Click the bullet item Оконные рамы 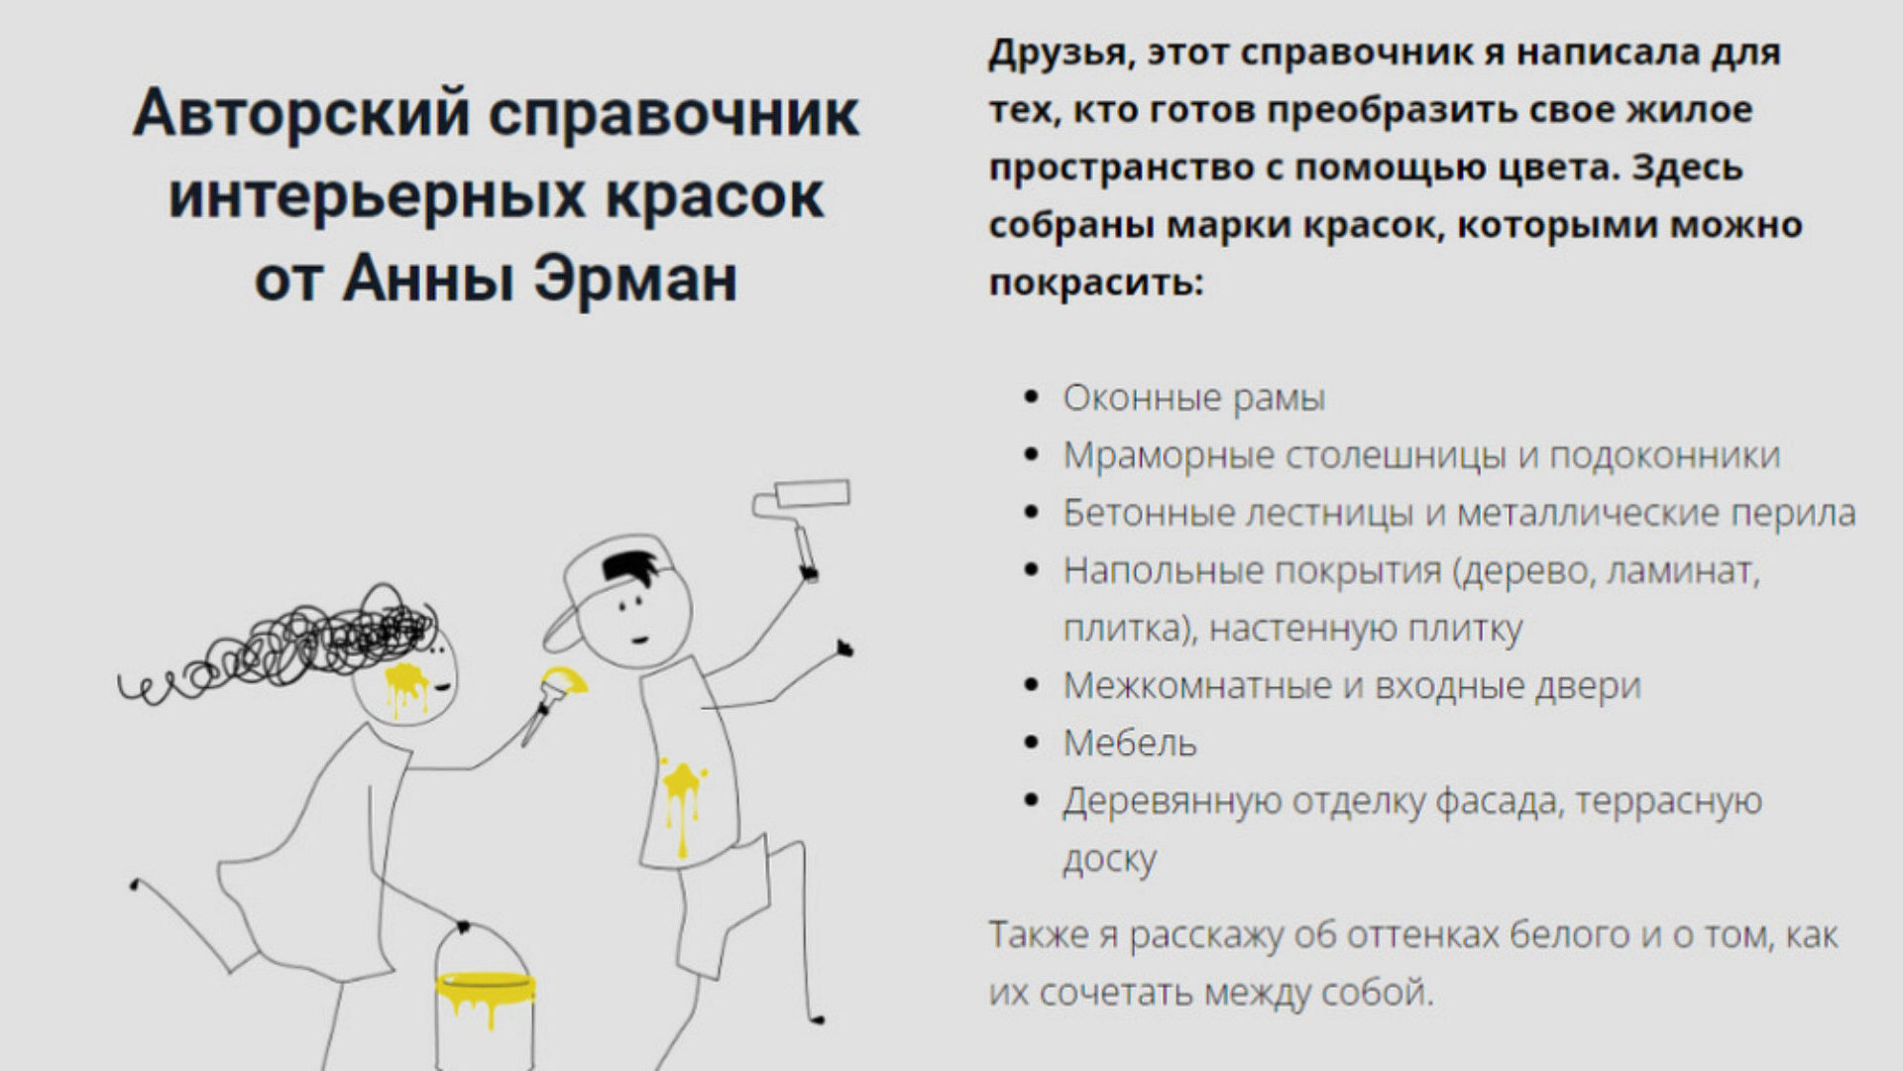[x=1194, y=399]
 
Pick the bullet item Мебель [x=1130, y=743]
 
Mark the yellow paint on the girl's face [x=405, y=687]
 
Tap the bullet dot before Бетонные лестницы [x=1032, y=514]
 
